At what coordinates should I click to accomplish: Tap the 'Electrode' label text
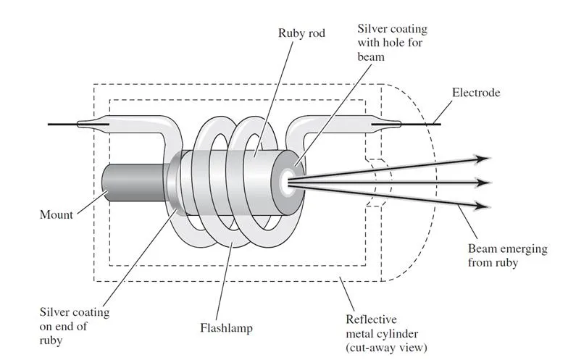tap(475, 93)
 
